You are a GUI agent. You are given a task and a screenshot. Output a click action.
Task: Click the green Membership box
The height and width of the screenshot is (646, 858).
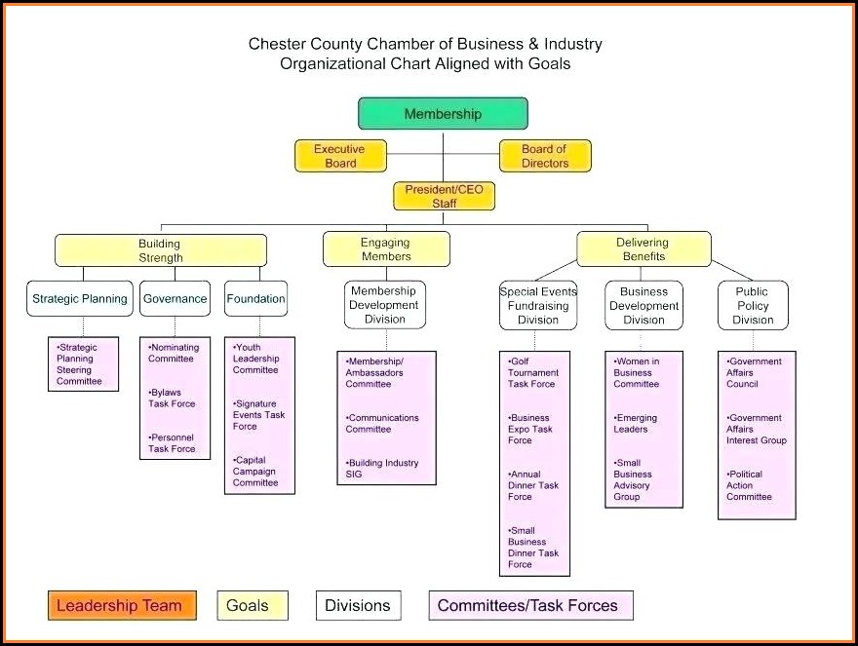pyautogui.click(x=443, y=114)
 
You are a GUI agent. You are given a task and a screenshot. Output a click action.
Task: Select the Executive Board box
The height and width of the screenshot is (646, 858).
pyautogui.click(x=340, y=156)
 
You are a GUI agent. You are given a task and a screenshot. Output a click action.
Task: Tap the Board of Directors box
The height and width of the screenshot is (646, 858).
pyautogui.click(x=545, y=156)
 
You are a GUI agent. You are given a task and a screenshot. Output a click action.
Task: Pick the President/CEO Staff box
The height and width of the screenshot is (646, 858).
pyautogui.click(x=444, y=197)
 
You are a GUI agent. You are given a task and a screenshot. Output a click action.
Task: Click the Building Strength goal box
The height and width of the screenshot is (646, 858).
pyautogui.click(x=160, y=250)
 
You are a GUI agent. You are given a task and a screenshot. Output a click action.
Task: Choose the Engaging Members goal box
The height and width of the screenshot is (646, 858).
pyautogui.click(x=386, y=249)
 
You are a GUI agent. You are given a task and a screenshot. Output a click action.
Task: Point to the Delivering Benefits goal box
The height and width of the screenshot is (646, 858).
pyautogui.click(x=643, y=249)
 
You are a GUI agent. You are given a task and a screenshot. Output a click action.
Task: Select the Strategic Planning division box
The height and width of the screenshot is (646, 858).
pyautogui.click(x=79, y=299)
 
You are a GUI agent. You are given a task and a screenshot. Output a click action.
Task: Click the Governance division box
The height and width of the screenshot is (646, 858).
pyautogui.click(x=175, y=299)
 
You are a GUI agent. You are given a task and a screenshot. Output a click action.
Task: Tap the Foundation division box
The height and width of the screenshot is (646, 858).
pyautogui.click(x=255, y=299)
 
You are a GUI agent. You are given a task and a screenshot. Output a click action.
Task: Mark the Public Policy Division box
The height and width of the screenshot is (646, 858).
pyautogui.click(x=753, y=305)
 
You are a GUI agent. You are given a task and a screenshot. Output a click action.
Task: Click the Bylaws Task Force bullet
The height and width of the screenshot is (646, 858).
pyautogui.click(x=172, y=399)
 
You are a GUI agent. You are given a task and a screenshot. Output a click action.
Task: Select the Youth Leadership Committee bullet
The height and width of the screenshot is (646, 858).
pyautogui.click(x=255, y=359)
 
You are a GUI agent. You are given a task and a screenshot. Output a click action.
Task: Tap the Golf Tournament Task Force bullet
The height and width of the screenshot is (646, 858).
pyautogui.click(x=532, y=372)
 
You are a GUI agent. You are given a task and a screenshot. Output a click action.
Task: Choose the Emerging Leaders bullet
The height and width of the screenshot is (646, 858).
pyautogui.click(x=636, y=424)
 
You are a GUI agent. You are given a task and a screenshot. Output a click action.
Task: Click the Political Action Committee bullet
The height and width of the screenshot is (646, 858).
pyautogui.click(x=749, y=485)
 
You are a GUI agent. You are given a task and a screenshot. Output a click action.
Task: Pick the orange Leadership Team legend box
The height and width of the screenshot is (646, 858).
pyautogui.click(x=121, y=605)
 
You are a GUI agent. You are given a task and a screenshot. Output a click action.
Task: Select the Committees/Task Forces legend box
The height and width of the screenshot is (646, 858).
pyautogui.click(x=529, y=605)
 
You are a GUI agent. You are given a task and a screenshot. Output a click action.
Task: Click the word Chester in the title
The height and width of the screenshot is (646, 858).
pyautogui.click(x=277, y=44)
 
